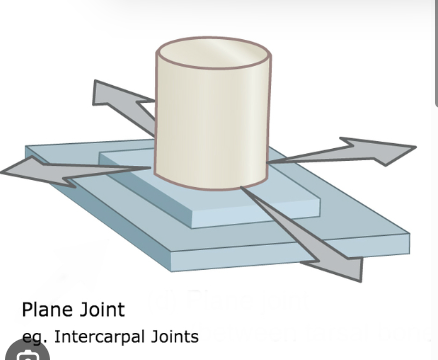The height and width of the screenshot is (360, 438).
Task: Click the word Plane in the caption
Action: tap(46, 310)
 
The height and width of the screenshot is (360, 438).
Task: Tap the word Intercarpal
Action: tap(104, 336)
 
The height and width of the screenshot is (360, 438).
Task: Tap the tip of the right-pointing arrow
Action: tap(414, 150)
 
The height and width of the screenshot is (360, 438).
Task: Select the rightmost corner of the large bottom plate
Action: tap(408, 237)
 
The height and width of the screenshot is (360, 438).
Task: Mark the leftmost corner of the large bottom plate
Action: tap(26, 150)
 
